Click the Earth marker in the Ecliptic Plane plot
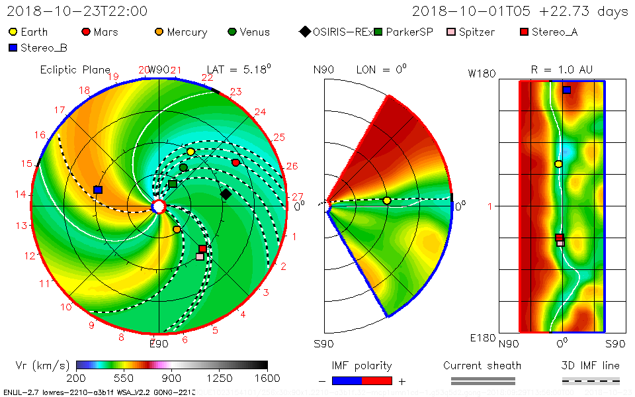coord(190,152)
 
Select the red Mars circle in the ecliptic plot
coord(235,162)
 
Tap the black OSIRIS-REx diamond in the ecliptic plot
coord(226,194)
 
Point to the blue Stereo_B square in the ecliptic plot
coord(98,190)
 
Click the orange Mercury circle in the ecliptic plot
coord(177,229)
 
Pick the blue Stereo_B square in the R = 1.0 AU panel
coord(566,89)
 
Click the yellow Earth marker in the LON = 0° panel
coord(387,200)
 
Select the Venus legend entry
coord(248,32)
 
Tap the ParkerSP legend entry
coord(403,32)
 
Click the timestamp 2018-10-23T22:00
coord(77,11)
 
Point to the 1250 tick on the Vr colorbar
coord(220,378)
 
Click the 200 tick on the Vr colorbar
coord(77,378)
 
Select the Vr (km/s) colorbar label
coord(42,365)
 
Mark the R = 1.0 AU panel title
coord(562,69)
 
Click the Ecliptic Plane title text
coord(75,69)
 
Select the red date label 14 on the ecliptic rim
coord(21,195)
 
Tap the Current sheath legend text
coord(482,365)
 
